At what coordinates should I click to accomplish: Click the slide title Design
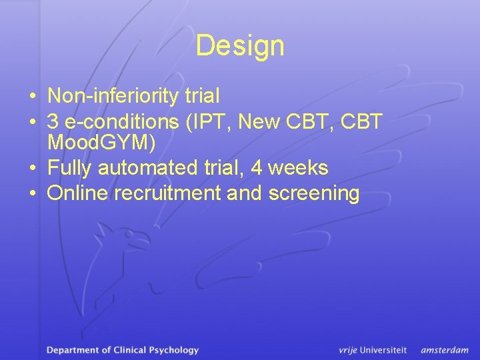coord(240,46)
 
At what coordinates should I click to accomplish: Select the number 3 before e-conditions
coord(53,122)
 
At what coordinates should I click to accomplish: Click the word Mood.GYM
coord(101,142)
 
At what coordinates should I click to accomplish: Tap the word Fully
coord(70,168)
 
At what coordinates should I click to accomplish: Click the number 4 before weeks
coord(256,168)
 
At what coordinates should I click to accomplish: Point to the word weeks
coord(297,168)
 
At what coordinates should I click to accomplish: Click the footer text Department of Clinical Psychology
coord(123,350)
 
